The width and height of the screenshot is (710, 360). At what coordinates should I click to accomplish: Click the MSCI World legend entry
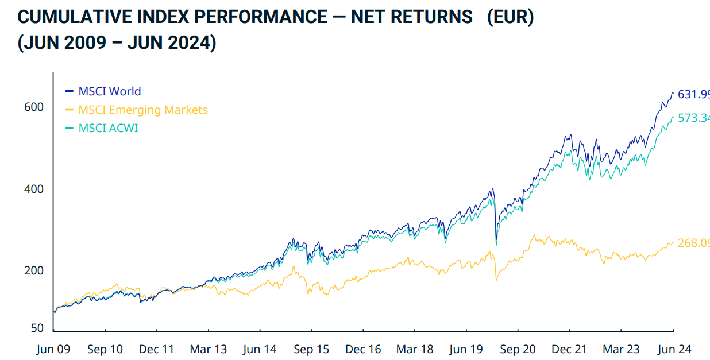[x=109, y=91]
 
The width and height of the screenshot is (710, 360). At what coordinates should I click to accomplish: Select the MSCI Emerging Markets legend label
[x=142, y=110]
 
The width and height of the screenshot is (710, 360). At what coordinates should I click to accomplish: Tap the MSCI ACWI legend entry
[x=108, y=128]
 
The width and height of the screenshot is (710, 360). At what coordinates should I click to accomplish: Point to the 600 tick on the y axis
[x=33, y=107]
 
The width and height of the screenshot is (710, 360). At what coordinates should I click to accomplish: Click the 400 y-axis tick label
[x=33, y=189]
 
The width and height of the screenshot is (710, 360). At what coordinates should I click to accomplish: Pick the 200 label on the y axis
[x=33, y=270]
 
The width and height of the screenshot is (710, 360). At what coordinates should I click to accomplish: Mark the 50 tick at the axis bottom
[x=37, y=328]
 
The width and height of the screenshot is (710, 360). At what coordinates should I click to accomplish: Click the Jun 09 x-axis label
[x=53, y=349]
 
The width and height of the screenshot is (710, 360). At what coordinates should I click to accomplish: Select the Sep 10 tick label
[x=105, y=349]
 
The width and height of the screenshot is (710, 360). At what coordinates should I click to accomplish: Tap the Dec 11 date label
[x=156, y=349]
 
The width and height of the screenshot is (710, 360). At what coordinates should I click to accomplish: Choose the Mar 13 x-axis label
[x=208, y=349]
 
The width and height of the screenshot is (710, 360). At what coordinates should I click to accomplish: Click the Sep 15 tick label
[x=311, y=349]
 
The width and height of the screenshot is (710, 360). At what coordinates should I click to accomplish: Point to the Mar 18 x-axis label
[x=415, y=349]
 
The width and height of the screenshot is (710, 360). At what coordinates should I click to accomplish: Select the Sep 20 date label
[x=518, y=349]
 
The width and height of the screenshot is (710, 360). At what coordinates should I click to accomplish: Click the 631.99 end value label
[x=693, y=94]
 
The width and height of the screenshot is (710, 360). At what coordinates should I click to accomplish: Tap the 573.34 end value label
[x=693, y=118]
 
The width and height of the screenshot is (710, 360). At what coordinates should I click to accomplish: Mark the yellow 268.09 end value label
[x=693, y=243]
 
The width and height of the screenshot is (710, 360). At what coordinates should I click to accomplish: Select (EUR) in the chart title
[x=510, y=17]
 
